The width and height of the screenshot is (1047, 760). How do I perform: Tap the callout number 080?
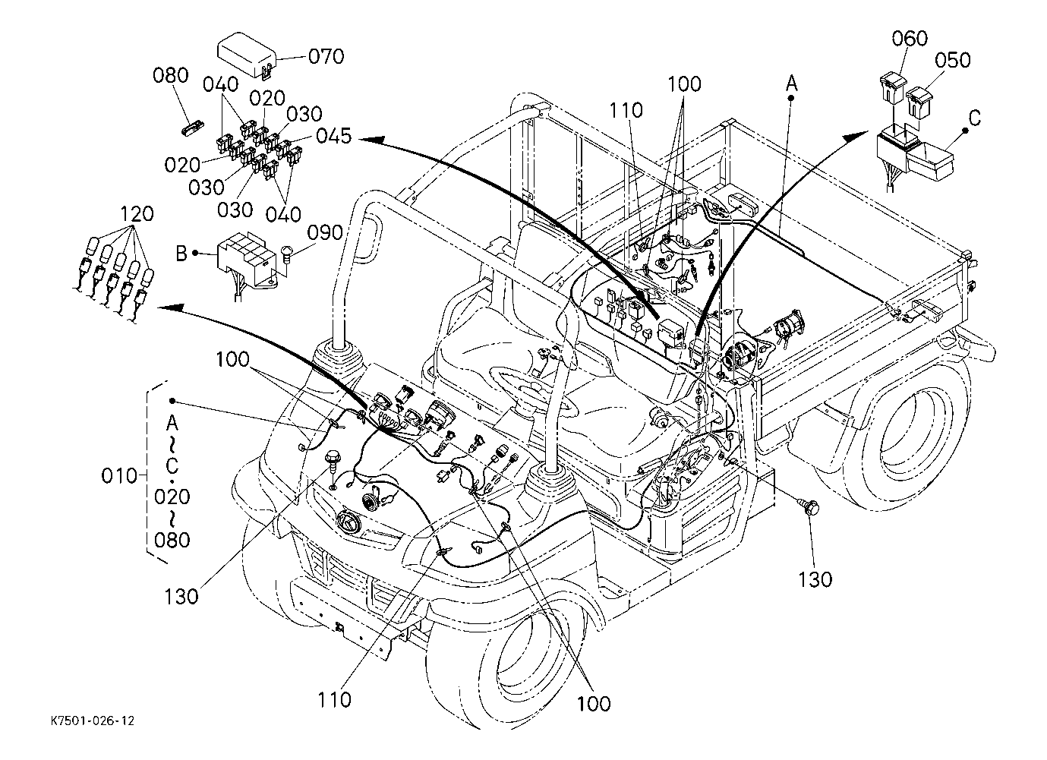[x=170, y=75]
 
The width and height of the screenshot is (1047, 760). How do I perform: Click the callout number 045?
[x=333, y=137]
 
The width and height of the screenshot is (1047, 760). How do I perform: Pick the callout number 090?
[x=325, y=232]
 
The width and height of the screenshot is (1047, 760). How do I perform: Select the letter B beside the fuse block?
[x=181, y=253]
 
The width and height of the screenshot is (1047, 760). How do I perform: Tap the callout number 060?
[x=910, y=39]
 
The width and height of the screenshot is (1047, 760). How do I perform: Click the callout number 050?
[x=952, y=61]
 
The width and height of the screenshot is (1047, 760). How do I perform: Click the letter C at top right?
[x=975, y=118]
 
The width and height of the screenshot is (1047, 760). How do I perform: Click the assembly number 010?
[x=119, y=476]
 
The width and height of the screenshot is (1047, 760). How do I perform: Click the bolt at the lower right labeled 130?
[x=809, y=507]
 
